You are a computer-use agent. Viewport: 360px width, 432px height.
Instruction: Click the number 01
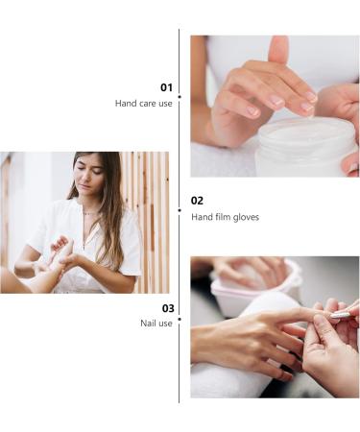click(166, 87)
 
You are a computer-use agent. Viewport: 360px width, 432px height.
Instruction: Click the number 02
click(197, 201)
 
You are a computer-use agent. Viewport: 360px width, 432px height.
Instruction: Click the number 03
click(167, 308)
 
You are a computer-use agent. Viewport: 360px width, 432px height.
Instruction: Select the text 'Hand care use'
click(144, 103)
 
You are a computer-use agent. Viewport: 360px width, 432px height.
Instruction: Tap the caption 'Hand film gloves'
click(225, 217)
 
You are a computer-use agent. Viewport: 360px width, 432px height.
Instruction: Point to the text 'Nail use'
click(156, 324)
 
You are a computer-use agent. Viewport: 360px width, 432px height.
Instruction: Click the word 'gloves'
click(245, 217)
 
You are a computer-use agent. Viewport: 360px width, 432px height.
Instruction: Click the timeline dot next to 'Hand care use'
click(180, 95)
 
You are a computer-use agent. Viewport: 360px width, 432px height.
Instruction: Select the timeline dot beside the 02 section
click(180, 208)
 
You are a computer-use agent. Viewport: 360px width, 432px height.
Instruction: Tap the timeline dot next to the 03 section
click(180, 314)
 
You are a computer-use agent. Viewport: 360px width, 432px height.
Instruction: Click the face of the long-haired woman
click(87, 180)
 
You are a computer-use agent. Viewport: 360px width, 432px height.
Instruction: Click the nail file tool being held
click(341, 313)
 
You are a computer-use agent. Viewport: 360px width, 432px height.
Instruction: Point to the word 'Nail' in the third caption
click(149, 324)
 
